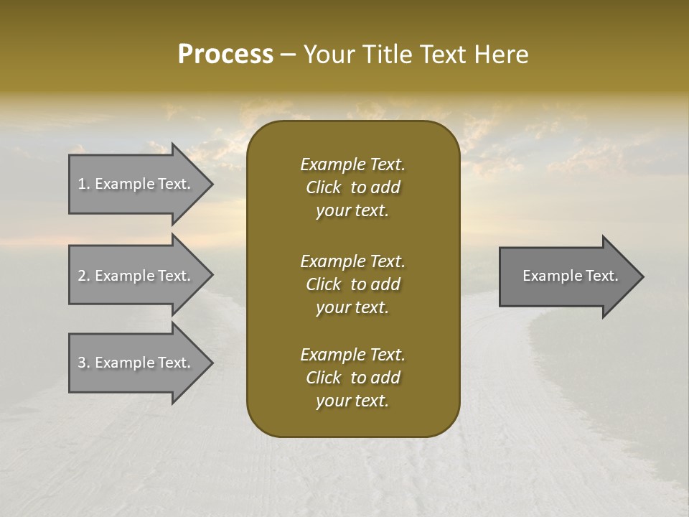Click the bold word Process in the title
click(x=225, y=55)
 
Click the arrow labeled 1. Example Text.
click(x=136, y=184)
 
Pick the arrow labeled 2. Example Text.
click(x=136, y=276)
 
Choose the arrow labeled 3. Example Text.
click(x=136, y=363)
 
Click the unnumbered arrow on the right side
click(x=567, y=276)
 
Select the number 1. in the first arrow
click(x=84, y=184)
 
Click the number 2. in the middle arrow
click(x=84, y=276)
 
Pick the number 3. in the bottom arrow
click(x=84, y=363)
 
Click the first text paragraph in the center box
click(x=352, y=187)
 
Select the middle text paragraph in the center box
click(x=352, y=284)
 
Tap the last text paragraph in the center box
click(x=352, y=378)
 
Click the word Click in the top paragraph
click(x=323, y=187)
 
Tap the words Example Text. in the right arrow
click(x=570, y=276)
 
